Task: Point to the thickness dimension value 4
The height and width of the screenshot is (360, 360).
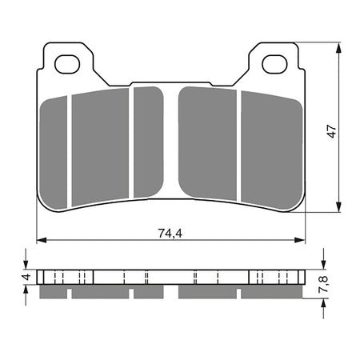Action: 26,278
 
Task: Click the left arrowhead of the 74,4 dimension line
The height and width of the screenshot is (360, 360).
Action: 42,239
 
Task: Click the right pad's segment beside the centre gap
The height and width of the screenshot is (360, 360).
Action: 206,142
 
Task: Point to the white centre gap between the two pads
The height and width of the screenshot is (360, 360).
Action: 170,144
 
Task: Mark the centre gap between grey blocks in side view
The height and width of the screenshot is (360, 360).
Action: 170,294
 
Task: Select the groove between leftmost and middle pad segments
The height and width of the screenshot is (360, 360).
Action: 70,148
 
